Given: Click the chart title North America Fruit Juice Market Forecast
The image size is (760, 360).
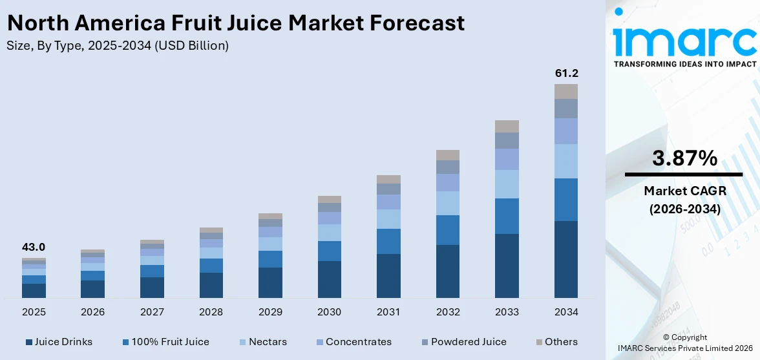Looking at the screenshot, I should pos(235,23).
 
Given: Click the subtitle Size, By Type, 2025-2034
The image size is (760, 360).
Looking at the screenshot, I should pos(117,46).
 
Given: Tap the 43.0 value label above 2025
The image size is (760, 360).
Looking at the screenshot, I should pos(34,247).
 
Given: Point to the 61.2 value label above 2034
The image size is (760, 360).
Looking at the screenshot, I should pos(566,73).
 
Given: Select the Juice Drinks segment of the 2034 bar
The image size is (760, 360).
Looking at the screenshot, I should pos(566,259).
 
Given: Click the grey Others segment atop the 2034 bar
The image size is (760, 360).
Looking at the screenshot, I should pos(566,91).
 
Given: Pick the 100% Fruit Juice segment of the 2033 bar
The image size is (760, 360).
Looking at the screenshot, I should pos(507,216).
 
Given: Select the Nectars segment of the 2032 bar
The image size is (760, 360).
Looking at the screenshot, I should pos(448,203).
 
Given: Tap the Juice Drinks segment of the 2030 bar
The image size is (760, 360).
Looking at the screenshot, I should pos(330,279).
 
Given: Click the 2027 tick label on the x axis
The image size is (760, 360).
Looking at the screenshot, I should pos(152,312).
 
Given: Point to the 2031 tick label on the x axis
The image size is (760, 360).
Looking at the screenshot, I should pos(388,312).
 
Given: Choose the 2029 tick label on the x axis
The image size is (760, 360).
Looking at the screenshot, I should pos(270,312).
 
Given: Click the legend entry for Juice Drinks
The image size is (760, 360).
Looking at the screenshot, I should pos(59,342).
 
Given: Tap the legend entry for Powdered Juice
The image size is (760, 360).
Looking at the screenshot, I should pos(463,342).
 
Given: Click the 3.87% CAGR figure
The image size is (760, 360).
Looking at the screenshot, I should pos(684,158).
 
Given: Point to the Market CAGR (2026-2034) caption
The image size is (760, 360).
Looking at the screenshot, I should pos(684,200).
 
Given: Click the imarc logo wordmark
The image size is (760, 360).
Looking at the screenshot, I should pos(684,40).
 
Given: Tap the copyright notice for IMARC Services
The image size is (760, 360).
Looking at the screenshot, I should pos(684,343).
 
